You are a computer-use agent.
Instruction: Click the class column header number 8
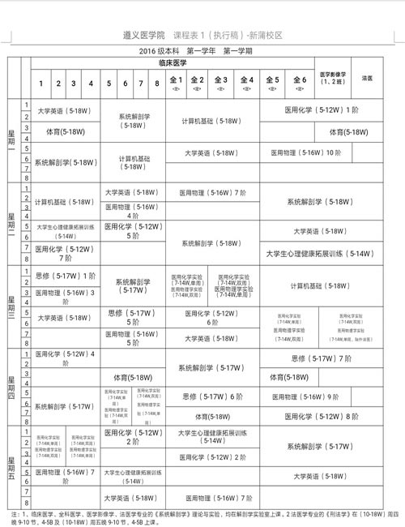(156, 84)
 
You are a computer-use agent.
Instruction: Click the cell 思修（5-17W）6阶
(212, 396)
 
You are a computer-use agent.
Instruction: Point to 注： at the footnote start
(15, 514)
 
